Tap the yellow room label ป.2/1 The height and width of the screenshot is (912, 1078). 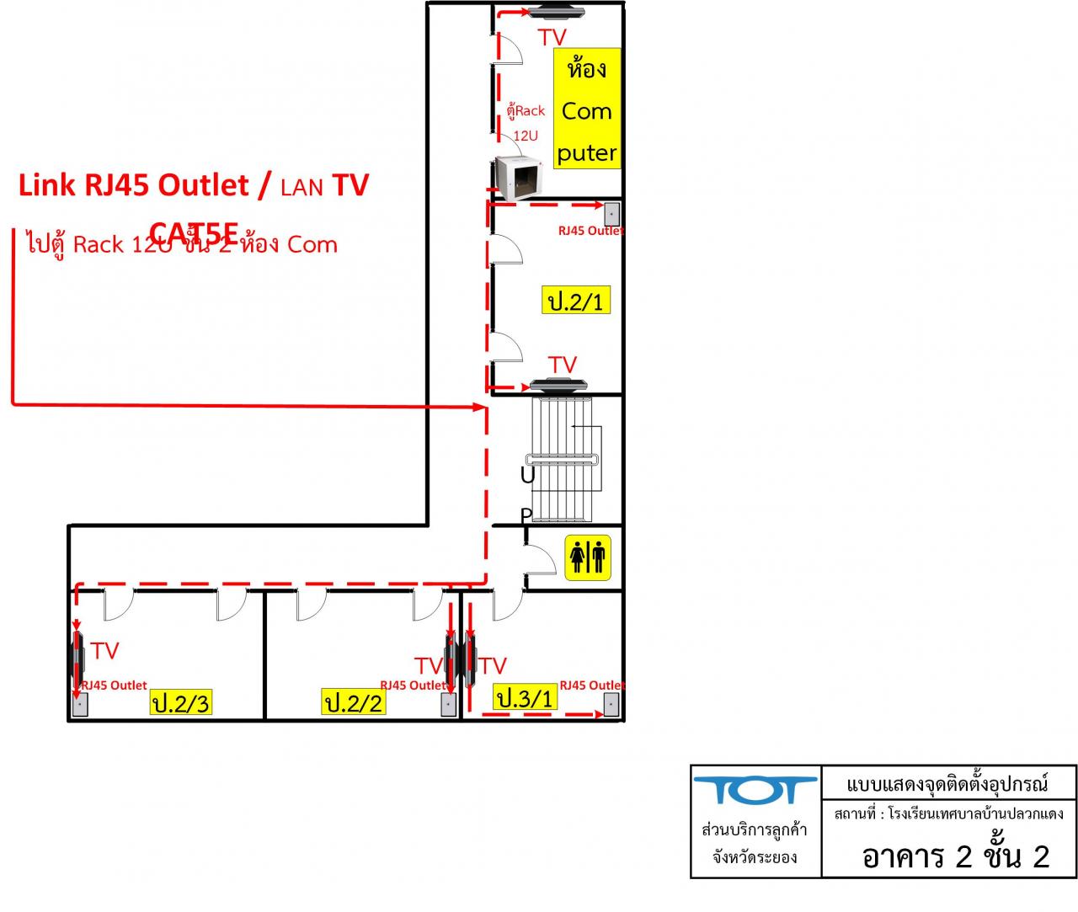[x=576, y=301]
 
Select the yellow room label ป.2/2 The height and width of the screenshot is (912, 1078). [x=354, y=701]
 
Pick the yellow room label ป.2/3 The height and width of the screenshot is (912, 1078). [x=180, y=702]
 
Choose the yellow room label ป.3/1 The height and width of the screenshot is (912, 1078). [x=525, y=697]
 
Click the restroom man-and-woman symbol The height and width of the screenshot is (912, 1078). [x=588, y=556]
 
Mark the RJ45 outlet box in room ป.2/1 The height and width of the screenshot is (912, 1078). [x=611, y=213]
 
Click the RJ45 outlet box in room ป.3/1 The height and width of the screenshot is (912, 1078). [x=611, y=704]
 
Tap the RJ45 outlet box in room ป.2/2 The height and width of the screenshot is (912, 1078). [x=450, y=704]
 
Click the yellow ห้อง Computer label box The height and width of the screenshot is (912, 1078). [x=587, y=109]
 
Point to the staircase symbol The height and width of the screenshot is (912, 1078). [x=566, y=459]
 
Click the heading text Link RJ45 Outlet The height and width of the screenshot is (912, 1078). [x=133, y=185]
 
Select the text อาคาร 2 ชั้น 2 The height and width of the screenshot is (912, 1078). [x=955, y=856]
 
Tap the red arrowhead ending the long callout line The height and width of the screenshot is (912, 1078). [x=483, y=408]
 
